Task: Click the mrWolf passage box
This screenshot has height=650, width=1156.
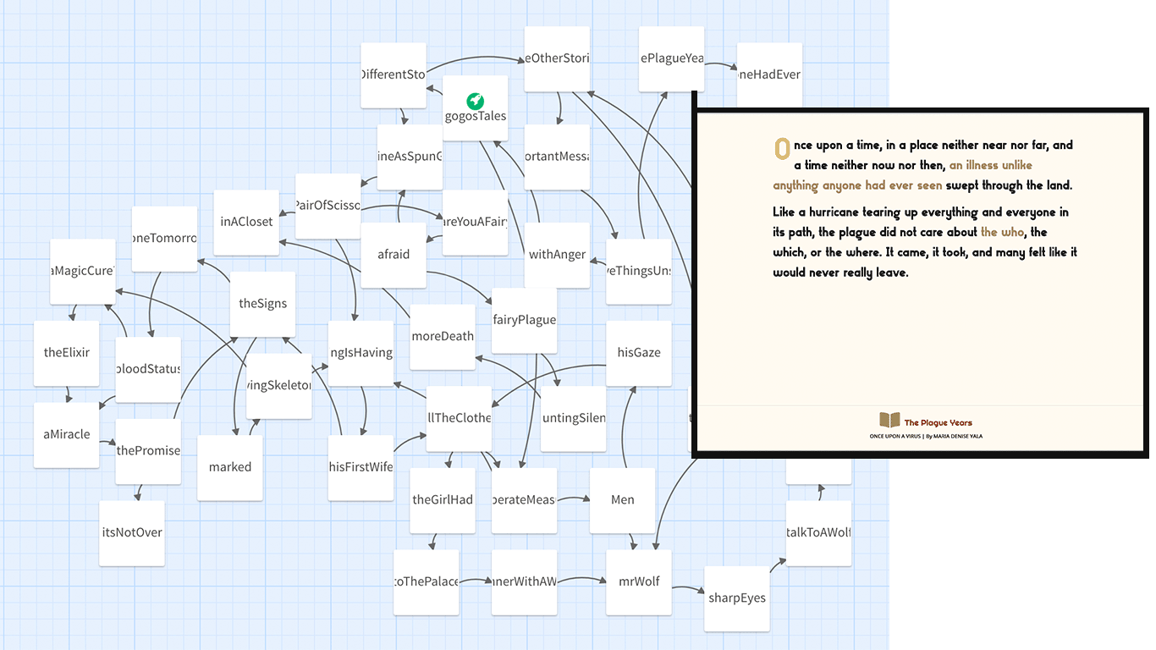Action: click(639, 582)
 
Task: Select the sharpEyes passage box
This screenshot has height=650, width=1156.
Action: click(737, 598)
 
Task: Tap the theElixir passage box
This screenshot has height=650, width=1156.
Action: click(67, 353)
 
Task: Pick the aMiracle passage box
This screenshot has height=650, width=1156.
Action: click(67, 435)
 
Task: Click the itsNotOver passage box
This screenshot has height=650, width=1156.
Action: click(132, 533)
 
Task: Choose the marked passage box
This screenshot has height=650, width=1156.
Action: click(230, 467)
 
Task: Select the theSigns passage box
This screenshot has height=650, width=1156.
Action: click(262, 304)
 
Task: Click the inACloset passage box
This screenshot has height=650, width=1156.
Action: click(246, 223)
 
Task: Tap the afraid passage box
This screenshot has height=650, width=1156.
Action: click(394, 255)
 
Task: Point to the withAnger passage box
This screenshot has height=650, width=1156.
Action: click(557, 255)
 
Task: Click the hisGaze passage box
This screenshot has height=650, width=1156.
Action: click(639, 353)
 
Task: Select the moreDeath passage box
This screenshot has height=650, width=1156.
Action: click(443, 337)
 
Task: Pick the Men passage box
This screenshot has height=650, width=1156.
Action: click(623, 500)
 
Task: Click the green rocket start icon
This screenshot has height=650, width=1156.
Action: click(476, 101)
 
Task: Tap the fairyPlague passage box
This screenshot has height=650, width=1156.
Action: click(524, 321)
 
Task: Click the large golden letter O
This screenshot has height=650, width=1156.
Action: click(783, 148)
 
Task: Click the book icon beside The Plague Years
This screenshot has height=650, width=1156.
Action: click(889, 420)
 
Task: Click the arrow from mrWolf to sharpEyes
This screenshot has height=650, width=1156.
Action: click(689, 587)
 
